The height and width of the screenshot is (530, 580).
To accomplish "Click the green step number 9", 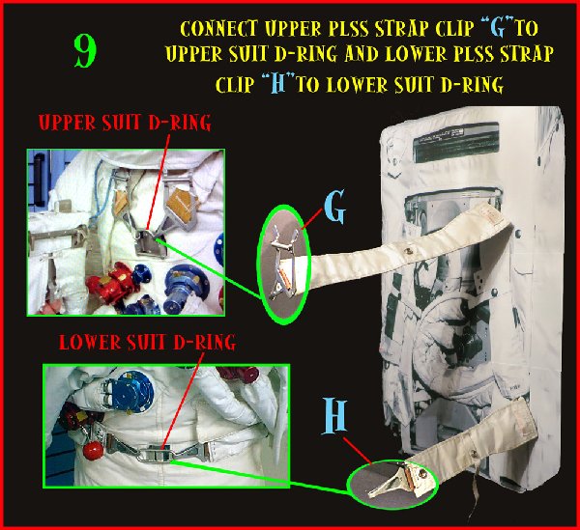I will tap(85, 51).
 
